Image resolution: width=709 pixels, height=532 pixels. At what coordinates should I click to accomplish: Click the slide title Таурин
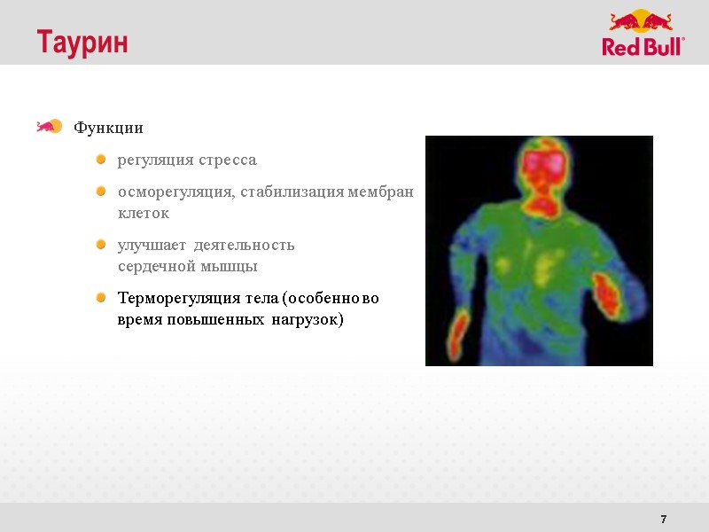(x=82, y=42)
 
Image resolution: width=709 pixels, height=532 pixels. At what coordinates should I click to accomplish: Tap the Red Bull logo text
(x=643, y=47)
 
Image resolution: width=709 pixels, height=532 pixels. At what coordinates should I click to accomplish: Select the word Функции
(x=108, y=128)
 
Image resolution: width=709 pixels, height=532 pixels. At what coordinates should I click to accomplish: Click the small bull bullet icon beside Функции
(x=48, y=127)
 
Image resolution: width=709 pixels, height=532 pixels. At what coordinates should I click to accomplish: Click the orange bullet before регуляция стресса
(x=101, y=160)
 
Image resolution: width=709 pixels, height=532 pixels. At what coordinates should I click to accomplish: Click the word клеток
(x=144, y=214)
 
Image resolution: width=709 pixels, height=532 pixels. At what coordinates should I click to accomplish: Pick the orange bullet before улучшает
(x=101, y=244)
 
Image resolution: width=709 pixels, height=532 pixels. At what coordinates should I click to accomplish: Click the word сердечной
(x=154, y=266)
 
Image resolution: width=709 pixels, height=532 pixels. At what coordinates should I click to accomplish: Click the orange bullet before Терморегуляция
(x=101, y=297)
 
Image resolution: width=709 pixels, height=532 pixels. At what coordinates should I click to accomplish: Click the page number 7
(x=664, y=519)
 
